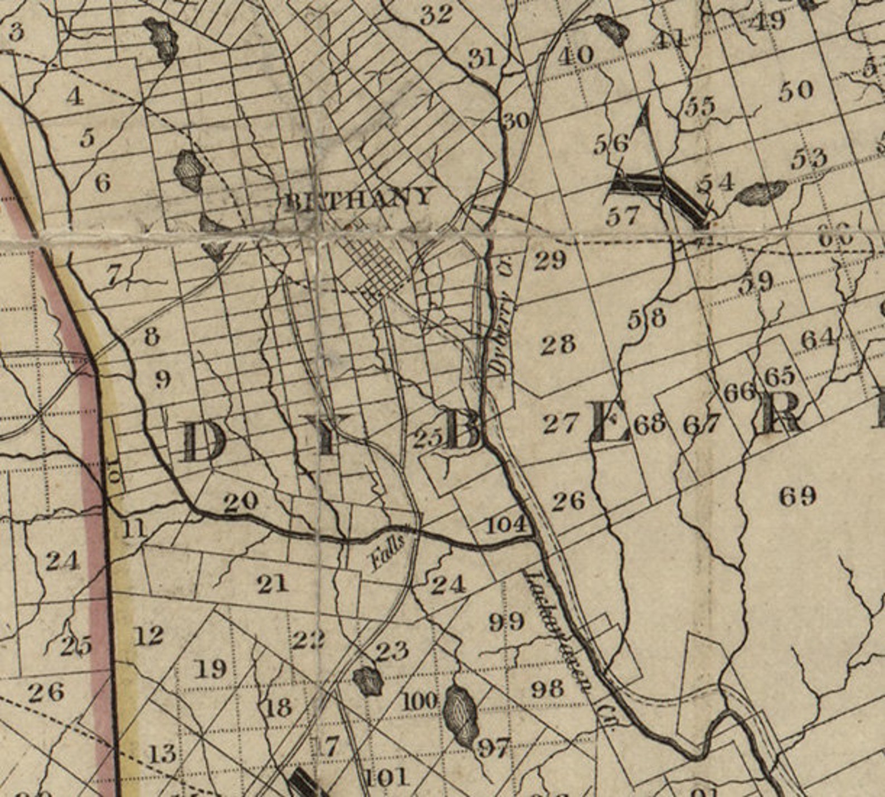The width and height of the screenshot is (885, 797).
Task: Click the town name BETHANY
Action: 358,198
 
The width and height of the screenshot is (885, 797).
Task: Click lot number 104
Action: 506,524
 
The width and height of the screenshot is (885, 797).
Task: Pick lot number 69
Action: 798,495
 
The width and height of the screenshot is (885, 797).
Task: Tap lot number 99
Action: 507,621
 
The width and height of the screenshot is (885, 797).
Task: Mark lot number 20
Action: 241,502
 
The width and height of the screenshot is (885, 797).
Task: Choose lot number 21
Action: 273,584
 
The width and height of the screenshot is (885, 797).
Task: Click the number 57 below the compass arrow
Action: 622,216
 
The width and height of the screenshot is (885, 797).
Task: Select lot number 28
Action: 558,344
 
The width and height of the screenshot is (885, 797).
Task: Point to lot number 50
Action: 796,90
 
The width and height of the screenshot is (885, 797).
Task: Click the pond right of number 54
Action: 762,193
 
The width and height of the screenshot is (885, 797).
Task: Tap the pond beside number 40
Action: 612,30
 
